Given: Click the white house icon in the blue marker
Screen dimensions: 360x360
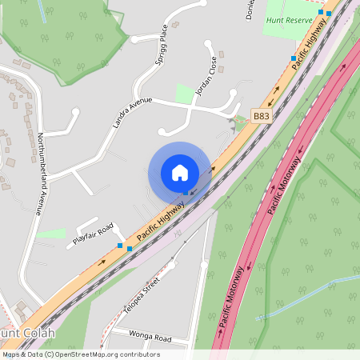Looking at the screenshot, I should tap(180, 173).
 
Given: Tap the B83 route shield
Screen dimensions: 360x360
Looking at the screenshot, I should tap(261, 116).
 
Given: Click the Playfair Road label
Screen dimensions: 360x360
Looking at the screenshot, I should tap(94, 233).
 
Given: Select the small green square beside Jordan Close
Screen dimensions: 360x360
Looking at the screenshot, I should tap(185, 94).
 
